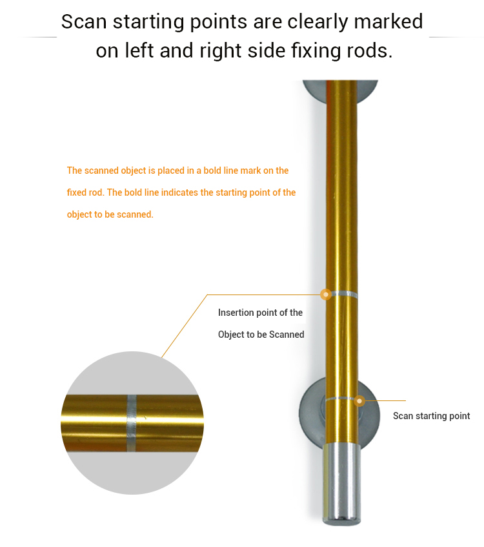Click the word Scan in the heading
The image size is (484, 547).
click(84, 21)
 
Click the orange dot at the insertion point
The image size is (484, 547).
click(326, 294)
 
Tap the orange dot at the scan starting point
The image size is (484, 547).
click(359, 401)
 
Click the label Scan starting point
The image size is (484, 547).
click(431, 416)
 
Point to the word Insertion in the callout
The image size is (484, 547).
click(234, 313)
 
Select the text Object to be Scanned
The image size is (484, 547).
click(261, 335)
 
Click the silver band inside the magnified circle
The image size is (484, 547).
click(132, 423)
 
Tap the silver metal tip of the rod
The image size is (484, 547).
click(342, 484)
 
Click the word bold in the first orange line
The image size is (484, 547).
click(211, 170)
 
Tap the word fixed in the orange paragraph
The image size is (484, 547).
click(76, 192)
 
